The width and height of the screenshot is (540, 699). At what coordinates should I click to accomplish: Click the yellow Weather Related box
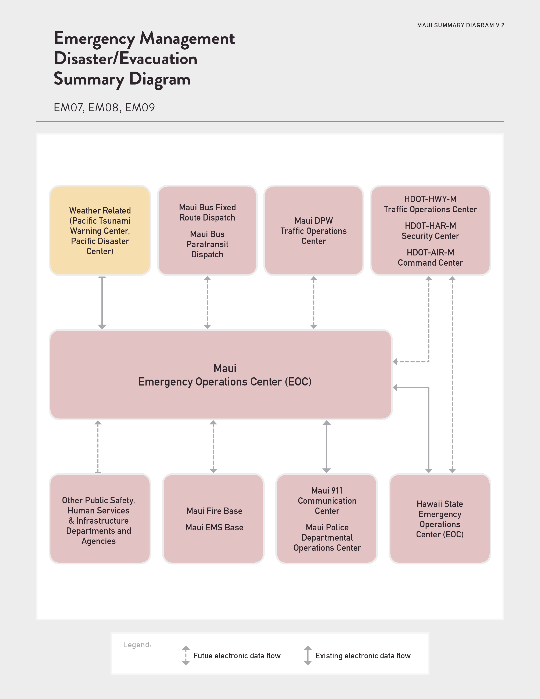point(100,230)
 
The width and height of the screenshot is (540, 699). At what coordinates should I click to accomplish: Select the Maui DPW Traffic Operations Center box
point(313,230)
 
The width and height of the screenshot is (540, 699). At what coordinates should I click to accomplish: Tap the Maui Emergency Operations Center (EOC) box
point(221,374)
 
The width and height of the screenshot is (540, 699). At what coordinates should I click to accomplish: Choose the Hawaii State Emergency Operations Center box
point(440,519)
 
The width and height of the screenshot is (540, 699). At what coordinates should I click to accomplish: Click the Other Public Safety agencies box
point(100,519)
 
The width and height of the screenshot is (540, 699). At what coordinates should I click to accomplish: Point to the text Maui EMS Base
point(214,527)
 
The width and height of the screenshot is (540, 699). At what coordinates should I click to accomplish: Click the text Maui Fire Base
point(214,511)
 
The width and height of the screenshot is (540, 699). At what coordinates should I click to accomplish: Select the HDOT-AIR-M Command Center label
point(430,258)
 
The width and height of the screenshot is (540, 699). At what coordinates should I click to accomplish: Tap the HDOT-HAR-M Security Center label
point(430,231)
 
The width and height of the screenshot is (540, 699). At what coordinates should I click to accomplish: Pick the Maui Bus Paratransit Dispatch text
point(207,244)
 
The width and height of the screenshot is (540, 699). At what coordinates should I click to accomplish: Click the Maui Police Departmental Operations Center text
point(327,538)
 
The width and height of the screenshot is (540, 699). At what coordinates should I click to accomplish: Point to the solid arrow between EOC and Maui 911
point(327,447)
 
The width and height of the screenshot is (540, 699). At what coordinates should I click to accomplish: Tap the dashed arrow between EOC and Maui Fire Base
point(213,447)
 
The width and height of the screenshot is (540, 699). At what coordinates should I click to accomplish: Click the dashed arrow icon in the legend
point(186,656)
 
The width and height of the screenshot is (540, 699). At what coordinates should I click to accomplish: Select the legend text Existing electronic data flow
point(363,656)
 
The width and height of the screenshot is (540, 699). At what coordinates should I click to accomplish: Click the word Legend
point(137,645)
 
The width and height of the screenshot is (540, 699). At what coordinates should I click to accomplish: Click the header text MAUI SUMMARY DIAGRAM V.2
point(461,25)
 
